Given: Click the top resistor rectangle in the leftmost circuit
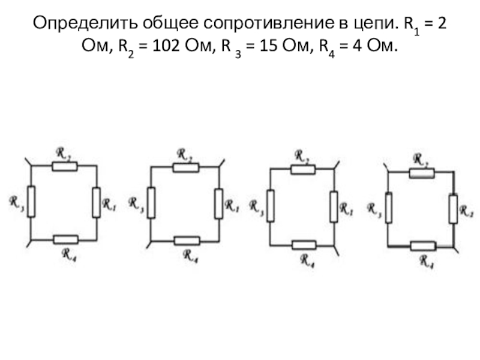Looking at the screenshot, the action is pyautogui.click(x=64, y=166).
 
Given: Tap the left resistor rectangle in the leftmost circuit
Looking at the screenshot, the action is pyautogui.click(x=31, y=202).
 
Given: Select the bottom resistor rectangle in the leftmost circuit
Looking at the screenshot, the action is pyautogui.click(x=65, y=239).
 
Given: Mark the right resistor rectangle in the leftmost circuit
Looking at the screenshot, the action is pyautogui.click(x=96, y=202).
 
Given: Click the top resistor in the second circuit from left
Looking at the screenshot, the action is pyautogui.click(x=185, y=167).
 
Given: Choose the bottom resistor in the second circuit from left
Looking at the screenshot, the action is pyautogui.click(x=187, y=241).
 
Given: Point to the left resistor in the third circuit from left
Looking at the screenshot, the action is pyautogui.click(x=271, y=205).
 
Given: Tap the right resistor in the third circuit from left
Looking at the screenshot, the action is pyautogui.click(x=334, y=206).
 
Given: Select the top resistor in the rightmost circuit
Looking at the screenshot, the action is pyautogui.click(x=421, y=173).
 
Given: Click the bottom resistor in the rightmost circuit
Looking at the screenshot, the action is pyautogui.click(x=423, y=245).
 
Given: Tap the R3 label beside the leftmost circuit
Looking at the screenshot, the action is pyautogui.click(x=15, y=202).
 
